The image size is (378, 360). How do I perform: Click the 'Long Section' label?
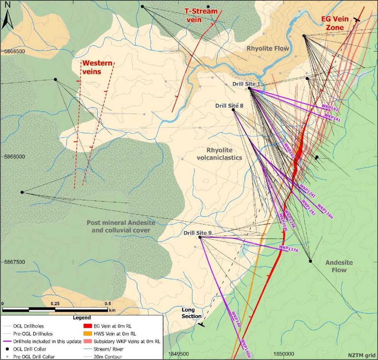pos(191,313)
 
